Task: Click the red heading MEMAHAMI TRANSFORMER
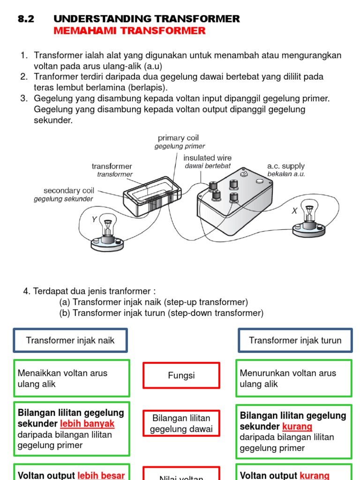[x=129, y=31]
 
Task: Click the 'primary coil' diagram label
[x=178, y=138]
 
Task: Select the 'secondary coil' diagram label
[x=69, y=190]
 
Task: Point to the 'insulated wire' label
[x=207, y=158]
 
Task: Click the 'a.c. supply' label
[x=286, y=166]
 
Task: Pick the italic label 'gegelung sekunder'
[x=63, y=199]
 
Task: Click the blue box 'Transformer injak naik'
[x=70, y=340]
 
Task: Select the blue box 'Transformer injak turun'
[x=295, y=340]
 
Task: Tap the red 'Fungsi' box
[x=181, y=375]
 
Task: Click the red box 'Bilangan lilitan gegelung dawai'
[x=181, y=423]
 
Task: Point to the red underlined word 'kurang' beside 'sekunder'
[x=297, y=427]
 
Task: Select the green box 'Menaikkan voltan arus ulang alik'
[x=72, y=378]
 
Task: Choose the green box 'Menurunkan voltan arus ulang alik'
[x=294, y=378]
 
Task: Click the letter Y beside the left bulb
[x=94, y=219]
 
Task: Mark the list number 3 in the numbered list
[x=23, y=98]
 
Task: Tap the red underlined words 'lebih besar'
[x=101, y=475]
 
